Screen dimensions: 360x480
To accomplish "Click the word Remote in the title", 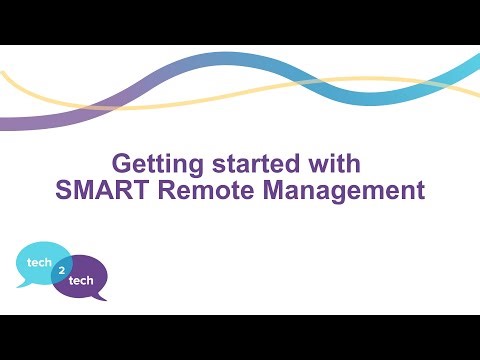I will [198, 190].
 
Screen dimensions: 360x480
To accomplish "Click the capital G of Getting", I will [120, 162].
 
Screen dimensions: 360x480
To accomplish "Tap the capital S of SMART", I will [63, 190].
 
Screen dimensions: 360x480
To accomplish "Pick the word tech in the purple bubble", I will [82, 281].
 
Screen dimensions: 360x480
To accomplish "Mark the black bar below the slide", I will [240, 337].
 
